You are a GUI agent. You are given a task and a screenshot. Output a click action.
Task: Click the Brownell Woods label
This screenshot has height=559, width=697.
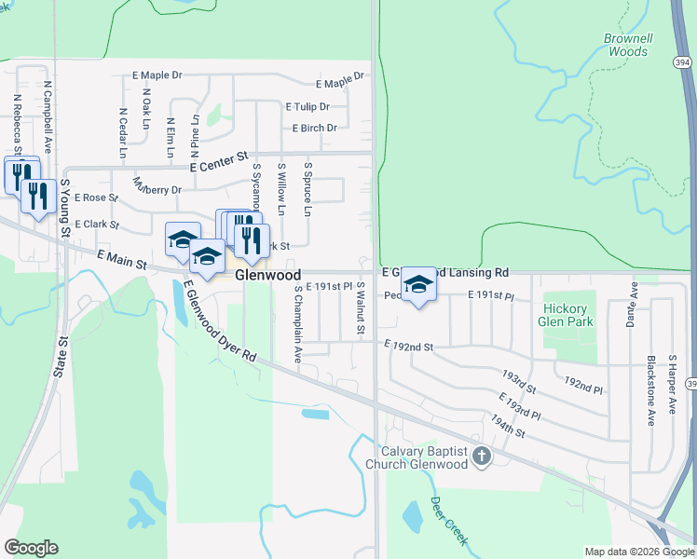625,46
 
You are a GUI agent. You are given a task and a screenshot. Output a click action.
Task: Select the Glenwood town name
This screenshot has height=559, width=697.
267,276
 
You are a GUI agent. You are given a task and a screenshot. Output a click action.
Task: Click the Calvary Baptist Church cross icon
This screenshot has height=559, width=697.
481,456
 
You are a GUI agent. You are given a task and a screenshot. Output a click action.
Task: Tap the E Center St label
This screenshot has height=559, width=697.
221,163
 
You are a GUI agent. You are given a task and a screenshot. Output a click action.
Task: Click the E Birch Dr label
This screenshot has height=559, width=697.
314,129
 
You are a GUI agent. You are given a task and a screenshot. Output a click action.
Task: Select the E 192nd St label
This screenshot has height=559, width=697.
409,347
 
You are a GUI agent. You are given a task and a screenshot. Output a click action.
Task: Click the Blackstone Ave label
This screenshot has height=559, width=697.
650,389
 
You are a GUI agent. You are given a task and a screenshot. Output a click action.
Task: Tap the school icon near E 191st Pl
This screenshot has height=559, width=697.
418,286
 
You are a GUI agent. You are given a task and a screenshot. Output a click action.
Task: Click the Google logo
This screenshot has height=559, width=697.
31,548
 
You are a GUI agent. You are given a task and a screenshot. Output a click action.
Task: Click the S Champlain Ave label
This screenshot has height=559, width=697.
297,323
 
